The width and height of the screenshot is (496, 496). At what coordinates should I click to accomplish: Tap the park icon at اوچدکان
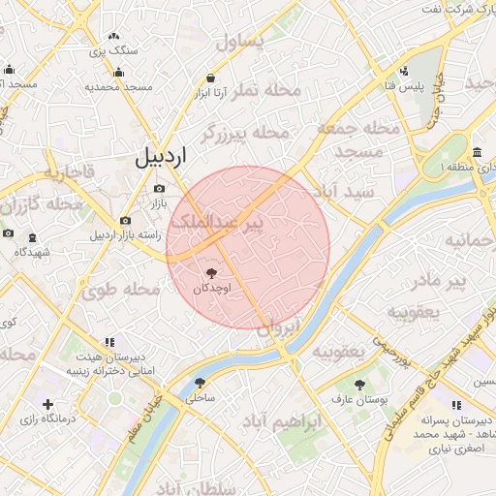[x=212, y=273]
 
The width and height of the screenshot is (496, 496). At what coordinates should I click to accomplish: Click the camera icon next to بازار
[x=159, y=188]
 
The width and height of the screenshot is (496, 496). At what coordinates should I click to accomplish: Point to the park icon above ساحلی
[x=200, y=383]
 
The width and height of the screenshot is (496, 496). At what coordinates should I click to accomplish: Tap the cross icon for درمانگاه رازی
[x=47, y=403]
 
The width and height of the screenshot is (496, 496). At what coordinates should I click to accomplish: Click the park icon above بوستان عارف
[x=359, y=384]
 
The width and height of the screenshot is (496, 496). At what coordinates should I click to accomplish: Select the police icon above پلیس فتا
[x=404, y=71]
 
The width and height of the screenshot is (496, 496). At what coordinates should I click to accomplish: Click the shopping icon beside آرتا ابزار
[x=210, y=77]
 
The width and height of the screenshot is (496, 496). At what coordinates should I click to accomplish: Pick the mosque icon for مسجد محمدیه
[x=118, y=72]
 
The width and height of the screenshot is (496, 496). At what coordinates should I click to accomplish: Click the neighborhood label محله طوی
[x=120, y=289]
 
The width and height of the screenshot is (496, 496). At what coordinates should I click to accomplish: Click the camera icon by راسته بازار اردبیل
[x=125, y=221]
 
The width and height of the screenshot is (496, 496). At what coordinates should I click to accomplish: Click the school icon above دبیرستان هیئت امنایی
[x=108, y=342]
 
